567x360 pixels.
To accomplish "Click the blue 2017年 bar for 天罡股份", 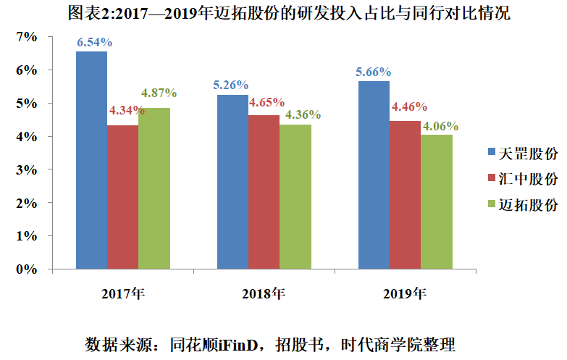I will pyautogui.click(x=91, y=159).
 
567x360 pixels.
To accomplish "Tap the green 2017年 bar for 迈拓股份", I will pyautogui.click(x=154, y=188).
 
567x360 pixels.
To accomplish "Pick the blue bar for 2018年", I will pyautogui.click(x=232, y=182).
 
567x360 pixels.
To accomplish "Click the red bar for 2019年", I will pyautogui.click(x=405, y=195).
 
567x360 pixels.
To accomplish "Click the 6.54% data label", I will pyautogui.click(x=92, y=42).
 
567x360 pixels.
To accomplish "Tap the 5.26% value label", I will pyautogui.click(x=231, y=85).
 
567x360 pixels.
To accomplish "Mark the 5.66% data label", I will pyautogui.click(x=373, y=72).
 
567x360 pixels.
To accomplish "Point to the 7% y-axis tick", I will pyautogui.click(x=24, y=37).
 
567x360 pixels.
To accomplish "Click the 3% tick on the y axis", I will pyautogui.click(x=24, y=169).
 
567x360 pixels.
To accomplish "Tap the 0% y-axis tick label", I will pyautogui.click(x=24, y=269).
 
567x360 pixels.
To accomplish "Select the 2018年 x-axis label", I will pyautogui.click(x=264, y=293).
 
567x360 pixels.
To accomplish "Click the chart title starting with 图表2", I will pyautogui.click(x=283, y=14).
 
